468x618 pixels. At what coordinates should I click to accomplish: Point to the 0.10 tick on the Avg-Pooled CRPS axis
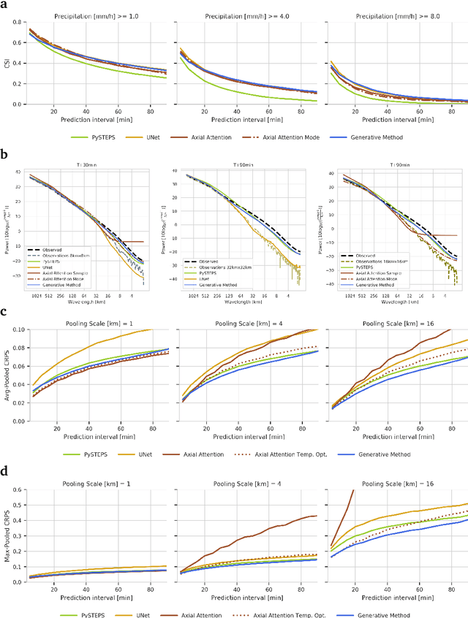click(x=15, y=330)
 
